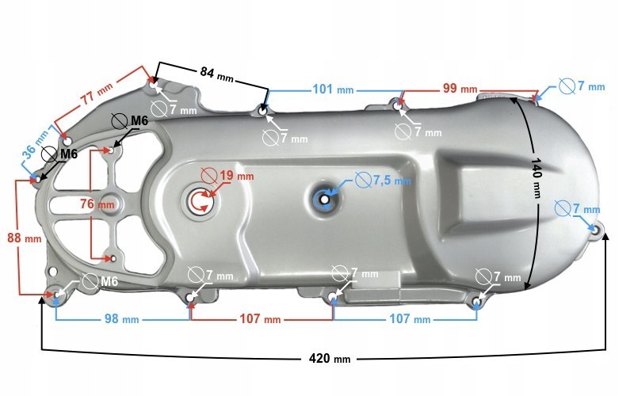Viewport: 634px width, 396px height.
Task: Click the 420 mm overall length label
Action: (330, 359)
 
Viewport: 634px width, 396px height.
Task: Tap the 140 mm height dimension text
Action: (537, 178)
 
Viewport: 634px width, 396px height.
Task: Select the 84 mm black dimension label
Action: (216, 74)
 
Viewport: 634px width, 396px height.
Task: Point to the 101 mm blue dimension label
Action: (333, 89)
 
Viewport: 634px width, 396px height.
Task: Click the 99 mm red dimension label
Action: (460, 88)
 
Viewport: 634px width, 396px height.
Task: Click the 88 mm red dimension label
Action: (25, 238)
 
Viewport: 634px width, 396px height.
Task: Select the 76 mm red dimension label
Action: (97, 204)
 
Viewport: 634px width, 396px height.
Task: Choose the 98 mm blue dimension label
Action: (122, 319)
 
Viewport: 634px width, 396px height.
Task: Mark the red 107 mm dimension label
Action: (260, 319)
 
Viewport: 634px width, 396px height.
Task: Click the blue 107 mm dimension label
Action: (410, 319)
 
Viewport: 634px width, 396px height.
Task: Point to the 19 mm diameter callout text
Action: (236, 176)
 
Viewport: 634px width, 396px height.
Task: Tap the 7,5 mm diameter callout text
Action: (391, 180)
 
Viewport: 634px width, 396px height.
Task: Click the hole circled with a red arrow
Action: (201, 201)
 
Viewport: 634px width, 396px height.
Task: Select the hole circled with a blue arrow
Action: (324, 200)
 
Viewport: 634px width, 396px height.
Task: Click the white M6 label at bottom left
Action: (109, 281)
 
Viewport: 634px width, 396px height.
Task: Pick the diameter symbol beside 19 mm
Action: (209, 176)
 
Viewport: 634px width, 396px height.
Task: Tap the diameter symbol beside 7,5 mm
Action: (363, 180)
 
